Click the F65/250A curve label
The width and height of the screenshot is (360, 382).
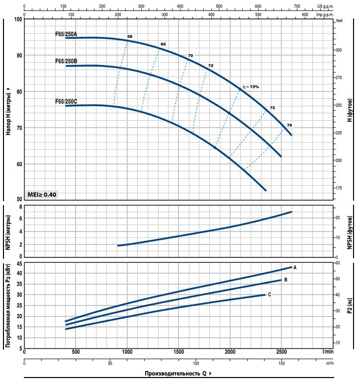(x=66, y=35)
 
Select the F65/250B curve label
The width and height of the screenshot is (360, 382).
(x=66, y=62)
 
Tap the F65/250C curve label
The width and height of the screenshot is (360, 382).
(x=66, y=101)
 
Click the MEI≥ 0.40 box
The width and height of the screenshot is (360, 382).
(x=42, y=194)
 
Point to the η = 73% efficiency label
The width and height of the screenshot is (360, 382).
(x=251, y=87)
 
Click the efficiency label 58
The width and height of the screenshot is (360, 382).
(x=130, y=37)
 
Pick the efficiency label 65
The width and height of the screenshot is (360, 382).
(x=163, y=45)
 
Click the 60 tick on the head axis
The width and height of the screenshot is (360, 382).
(x=19, y=164)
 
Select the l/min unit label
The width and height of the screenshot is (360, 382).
(x=328, y=352)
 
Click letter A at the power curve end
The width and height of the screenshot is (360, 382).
(x=295, y=267)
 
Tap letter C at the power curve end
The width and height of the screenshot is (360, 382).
(x=270, y=295)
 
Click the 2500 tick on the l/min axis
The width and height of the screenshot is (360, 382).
(x=281, y=352)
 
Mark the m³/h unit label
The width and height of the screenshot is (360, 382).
(x=329, y=363)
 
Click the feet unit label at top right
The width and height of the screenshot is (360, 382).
(x=340, y=21)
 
